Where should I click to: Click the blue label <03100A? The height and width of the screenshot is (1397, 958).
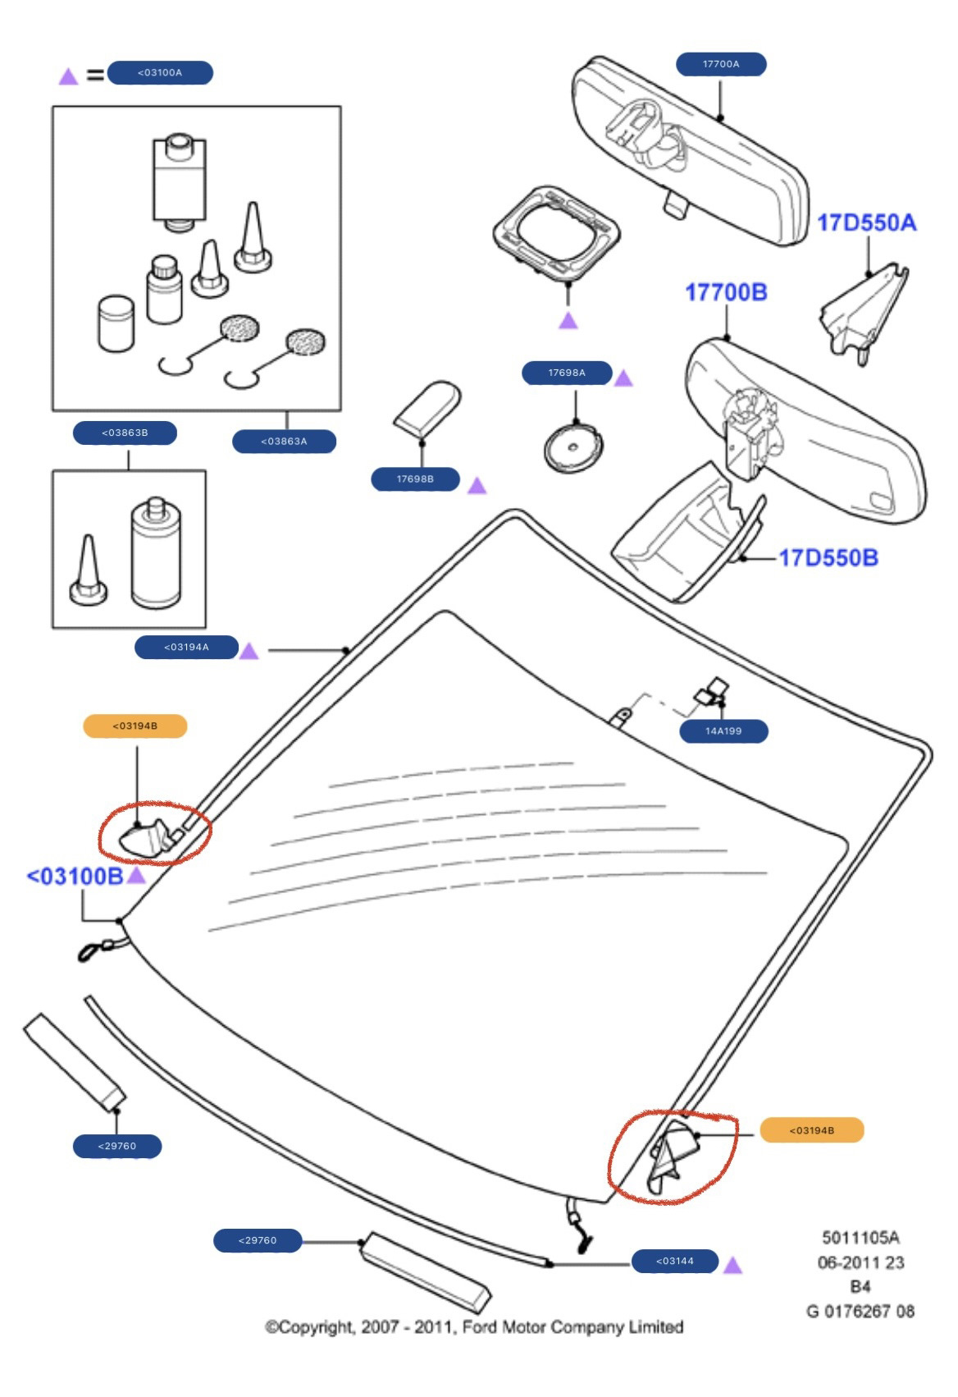pos(160,73)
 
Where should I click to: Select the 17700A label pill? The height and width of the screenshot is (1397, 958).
pos(721,64)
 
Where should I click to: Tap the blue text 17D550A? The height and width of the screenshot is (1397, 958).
pos(866,222)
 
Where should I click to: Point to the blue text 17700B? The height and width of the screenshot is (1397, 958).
pos(726,292)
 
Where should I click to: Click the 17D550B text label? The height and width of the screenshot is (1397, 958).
pos(828,558)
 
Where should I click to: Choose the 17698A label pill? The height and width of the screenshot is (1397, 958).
pos(567,373)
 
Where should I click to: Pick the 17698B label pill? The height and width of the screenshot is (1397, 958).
pos(415,479)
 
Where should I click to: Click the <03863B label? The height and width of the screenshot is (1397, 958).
pos(125,433)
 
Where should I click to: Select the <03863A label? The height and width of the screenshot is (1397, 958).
pos(284,442)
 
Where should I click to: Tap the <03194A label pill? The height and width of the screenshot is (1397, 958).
pos(186,648)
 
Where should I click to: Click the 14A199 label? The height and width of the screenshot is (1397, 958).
pos(723,731)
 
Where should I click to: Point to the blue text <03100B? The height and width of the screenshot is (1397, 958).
pos(75,877)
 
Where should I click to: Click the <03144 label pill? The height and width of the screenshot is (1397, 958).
pos(674,1262)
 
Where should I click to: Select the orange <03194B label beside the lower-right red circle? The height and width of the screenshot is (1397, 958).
pos(811,1131)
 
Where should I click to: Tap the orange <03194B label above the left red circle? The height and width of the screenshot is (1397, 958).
pos(135,726)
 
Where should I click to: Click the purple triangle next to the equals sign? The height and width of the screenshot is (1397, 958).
pos(68,77)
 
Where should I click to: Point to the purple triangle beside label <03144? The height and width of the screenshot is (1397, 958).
pos(732,1266)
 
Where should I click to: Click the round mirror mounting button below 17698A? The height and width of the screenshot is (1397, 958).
pos(573,449)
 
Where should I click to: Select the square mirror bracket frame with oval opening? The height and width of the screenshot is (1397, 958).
pos(556,231)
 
